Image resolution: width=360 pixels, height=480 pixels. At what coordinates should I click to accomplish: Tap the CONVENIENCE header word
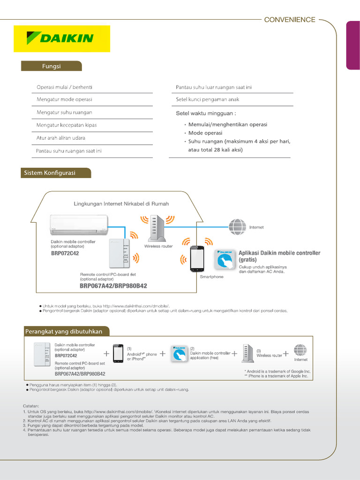(290, 20)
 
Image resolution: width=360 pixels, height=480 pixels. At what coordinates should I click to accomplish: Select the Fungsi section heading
(51, 66)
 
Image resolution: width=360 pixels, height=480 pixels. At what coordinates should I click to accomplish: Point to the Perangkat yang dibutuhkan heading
(63, 331)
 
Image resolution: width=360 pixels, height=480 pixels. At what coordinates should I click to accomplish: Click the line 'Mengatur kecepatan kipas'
(67, 125)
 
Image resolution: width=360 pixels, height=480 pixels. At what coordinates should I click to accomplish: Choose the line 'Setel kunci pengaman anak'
(207, 99)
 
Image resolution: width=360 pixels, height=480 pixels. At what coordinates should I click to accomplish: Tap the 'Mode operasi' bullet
(205, 133)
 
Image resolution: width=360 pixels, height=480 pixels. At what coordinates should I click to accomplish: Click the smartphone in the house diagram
(197, 258)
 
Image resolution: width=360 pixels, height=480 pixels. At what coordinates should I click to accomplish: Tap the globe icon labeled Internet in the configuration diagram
(237, 227)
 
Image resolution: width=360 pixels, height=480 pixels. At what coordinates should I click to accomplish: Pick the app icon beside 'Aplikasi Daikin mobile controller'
(225, 260)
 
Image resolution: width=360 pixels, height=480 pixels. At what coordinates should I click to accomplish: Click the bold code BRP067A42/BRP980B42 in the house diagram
(113, 285)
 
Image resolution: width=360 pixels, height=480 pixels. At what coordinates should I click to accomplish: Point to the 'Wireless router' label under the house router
(158, 246)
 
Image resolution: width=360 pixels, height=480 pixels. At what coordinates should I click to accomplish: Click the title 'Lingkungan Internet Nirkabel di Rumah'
(121, 204)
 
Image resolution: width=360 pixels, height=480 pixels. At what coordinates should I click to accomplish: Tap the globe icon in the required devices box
(300, 351)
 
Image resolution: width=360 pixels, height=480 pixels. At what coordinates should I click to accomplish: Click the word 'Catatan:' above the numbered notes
(31, 406)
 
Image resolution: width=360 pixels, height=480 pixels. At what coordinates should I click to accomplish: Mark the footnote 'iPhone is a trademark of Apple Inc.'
(276, 376)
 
